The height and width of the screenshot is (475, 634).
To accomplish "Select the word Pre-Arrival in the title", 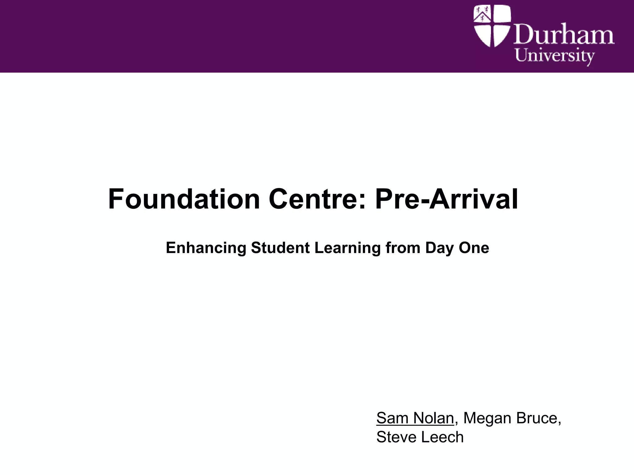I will (446, 199).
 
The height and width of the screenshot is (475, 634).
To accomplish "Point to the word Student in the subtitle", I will (280, 248).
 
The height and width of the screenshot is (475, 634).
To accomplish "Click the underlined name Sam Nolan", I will (415, 418).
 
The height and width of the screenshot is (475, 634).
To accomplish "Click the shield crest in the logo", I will (492, 26).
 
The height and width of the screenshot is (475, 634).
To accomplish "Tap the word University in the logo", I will (554, 57).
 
